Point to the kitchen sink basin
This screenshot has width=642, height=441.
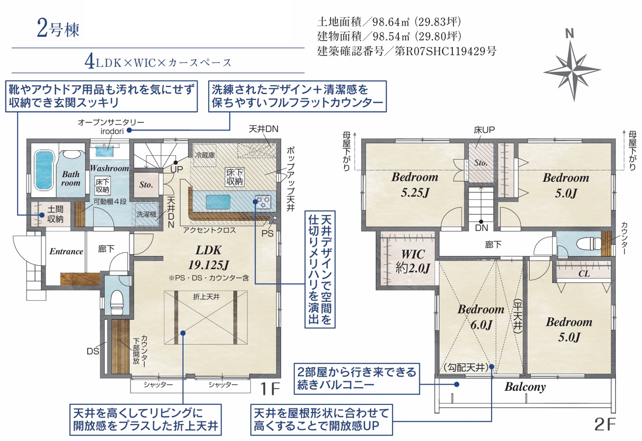218,202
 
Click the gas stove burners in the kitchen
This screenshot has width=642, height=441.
263,201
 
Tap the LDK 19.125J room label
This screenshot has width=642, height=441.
208,258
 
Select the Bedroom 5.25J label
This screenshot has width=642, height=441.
414,185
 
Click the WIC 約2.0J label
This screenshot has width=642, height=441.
413,261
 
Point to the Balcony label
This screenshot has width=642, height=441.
525,387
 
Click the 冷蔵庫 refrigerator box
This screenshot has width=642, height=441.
205,155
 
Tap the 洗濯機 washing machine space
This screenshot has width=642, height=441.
146,214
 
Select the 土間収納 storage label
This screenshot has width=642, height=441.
55,214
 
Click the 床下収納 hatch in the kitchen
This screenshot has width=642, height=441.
234,177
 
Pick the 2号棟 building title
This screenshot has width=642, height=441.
58,29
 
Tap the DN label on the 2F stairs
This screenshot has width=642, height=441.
481,228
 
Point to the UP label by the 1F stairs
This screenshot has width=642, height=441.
177,169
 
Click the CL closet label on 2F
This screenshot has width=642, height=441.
584,274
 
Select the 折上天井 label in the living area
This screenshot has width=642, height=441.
206,296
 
